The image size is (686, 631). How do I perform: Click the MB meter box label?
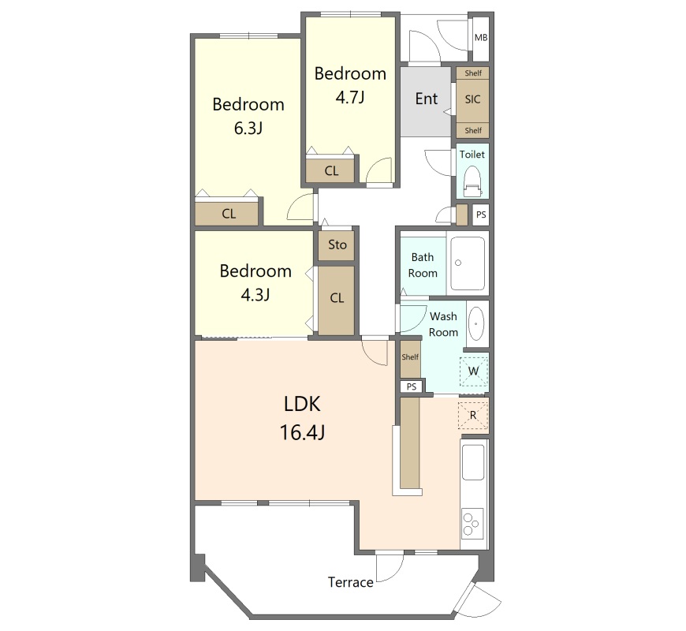tap(481, 38)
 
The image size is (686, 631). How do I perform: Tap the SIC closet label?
tap(472, 99)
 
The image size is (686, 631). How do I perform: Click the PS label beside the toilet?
tap(481, 215)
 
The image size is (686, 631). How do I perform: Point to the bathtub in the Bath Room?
tap(468, 263)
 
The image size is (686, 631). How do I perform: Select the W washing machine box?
tap(473, 372)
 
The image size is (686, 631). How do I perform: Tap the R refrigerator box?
tap(473, 415)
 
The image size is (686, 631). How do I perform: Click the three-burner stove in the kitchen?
tap(472, 523)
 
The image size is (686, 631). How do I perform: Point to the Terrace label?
tap(350, 582)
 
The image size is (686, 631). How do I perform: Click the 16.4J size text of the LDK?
tap(302, 433)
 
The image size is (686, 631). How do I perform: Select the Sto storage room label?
tap(337, 245)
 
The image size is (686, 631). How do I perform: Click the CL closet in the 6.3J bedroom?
tap(229, 214)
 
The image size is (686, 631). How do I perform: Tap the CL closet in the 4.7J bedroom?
tap(332, 170)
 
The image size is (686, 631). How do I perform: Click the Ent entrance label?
tap(427, 99)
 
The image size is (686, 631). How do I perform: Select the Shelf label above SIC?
tap(473, 73)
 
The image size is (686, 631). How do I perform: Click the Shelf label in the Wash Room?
tap(410, 357)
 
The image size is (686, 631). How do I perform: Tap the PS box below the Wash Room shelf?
tap(412, 386)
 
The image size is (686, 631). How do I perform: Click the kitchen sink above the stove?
tap(473, 461)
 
